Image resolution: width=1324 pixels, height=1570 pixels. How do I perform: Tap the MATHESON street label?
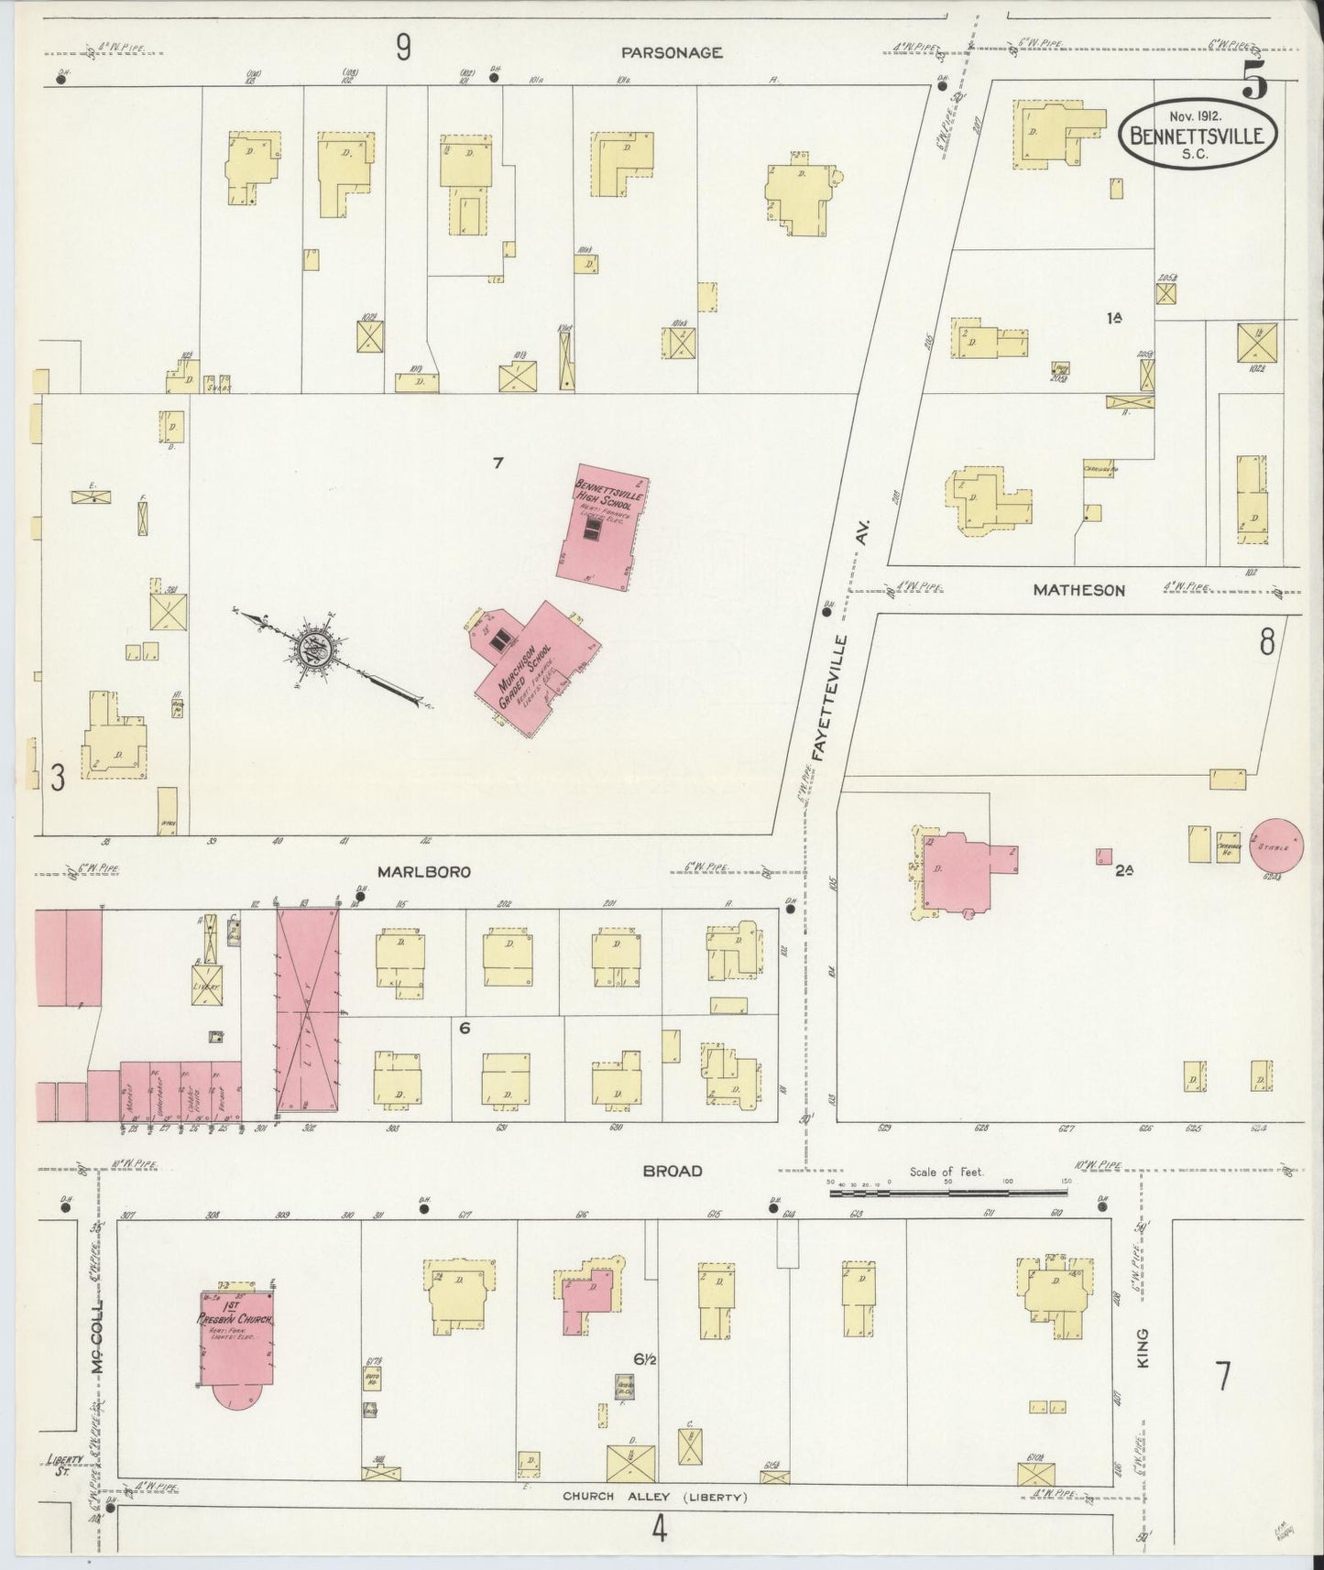tap(1078, 591)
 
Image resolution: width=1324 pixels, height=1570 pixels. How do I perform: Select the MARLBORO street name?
tap(421, 872)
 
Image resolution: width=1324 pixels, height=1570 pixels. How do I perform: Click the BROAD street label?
tap(672, 1171)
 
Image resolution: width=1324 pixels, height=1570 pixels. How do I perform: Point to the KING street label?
tap(1143, 1348)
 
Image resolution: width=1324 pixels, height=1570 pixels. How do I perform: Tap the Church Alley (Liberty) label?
tap(655, 1498)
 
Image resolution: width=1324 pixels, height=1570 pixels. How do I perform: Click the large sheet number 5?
tap(1255, 83)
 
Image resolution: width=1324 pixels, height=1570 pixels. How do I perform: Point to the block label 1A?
tap(1115, 318)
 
